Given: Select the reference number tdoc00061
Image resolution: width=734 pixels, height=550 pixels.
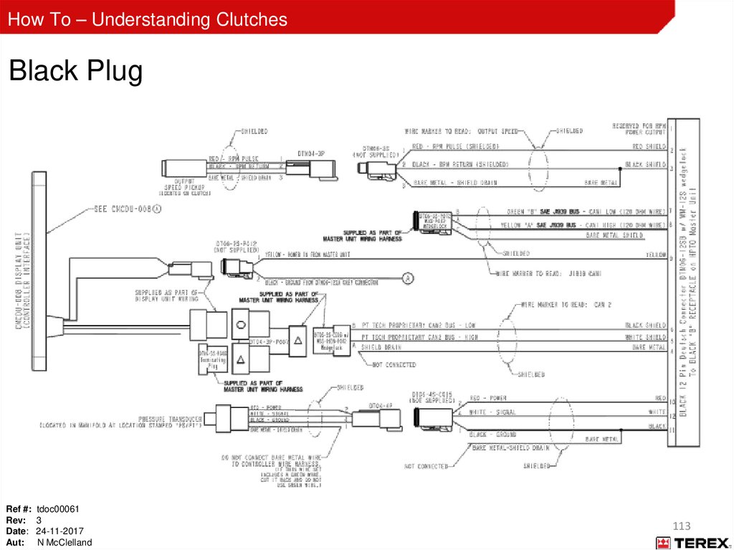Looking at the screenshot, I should pos(58,509).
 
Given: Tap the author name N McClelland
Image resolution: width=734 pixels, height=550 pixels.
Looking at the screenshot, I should pos(65,543).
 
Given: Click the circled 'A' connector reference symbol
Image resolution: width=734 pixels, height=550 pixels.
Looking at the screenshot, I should pos(408,277).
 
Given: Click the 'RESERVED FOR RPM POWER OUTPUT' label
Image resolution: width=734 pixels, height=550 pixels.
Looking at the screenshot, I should pos(639,128).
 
